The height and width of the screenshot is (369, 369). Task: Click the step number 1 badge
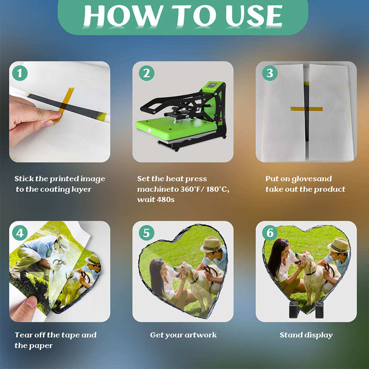click(x=20, y=73)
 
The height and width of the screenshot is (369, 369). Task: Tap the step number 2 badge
click(x=146, y=73)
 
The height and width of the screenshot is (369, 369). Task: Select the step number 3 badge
click(x=270, y=73)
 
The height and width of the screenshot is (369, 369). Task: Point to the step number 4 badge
click(x=20, y=233)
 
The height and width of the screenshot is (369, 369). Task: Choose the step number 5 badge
click(x=146, y=233)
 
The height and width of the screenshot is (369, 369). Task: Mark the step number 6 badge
click(x=270, y=233)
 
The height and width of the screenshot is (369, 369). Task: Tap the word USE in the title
click(x=254, y=16)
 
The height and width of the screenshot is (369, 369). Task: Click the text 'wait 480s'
click(x=156, y=199)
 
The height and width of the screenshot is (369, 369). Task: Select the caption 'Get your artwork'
click(x=183, y=335)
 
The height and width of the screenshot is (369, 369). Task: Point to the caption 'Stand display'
click(x=306, y=335)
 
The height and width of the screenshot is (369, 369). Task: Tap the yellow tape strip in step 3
click(x=306, y=109)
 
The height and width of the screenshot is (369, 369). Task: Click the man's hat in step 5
click(x=211, y=244)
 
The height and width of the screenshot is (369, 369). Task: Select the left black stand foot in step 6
click(x=294, y=310)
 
